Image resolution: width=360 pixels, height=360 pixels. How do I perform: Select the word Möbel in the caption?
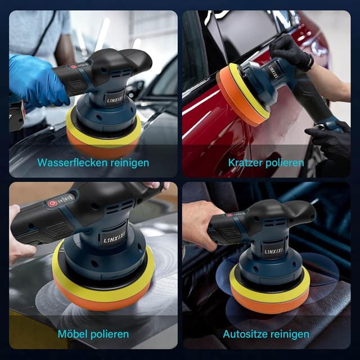[x=73, y=334]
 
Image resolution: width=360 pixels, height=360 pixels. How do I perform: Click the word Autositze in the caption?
[x=243, y=334]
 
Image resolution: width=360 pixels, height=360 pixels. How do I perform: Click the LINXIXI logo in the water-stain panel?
[x=115, y=100]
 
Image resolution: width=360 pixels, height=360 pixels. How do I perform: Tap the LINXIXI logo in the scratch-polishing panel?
[x=274, y=71]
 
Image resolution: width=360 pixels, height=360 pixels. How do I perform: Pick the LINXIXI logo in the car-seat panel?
[x=273, y=251]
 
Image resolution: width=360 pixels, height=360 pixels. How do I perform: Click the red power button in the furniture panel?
[x=51, y=204]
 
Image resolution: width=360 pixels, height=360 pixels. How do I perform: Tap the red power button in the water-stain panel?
[x=73, y=67]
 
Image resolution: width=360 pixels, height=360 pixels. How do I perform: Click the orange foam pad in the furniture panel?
[x=101, y=299]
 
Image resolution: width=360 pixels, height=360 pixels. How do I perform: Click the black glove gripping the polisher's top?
[x=291, y=52]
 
